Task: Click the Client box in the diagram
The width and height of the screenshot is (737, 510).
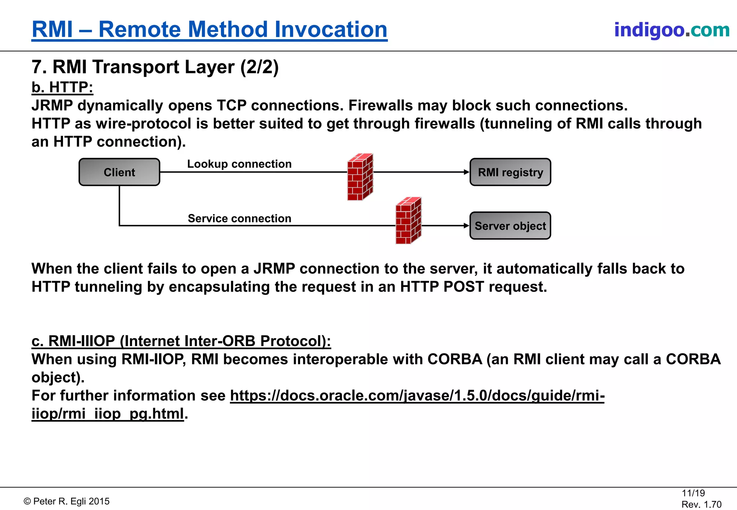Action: click(x=119, y=172)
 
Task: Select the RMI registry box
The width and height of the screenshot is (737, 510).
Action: click(x=510, y=172)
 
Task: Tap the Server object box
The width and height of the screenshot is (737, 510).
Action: click(x=510, y=226)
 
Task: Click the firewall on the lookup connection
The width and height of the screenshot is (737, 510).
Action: click(x=360, y=177)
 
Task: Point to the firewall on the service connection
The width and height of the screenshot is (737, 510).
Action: click(x=408, y=220)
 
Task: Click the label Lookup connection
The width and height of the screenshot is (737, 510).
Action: click(x=239, y=164)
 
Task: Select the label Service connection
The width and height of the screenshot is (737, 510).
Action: click(x=239, y=218)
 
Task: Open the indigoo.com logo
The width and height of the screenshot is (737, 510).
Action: click(x=672, y=30)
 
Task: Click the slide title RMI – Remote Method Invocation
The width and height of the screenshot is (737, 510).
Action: click(x=209, y=29)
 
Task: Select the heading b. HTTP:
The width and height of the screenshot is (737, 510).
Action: click(x=62, y=87)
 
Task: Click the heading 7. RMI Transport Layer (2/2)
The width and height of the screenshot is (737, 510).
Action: click(x=155, y=67)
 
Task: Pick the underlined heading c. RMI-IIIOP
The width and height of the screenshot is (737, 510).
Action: click(x=181, y=341)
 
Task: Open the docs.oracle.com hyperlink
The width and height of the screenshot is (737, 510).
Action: click(x=417, y=396)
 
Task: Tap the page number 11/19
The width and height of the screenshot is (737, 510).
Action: click(x=693, y=493)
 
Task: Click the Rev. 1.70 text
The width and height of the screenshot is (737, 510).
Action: click(x=701, y=504)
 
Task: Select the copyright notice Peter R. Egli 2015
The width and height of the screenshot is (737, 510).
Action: click(x=67, y=501)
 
